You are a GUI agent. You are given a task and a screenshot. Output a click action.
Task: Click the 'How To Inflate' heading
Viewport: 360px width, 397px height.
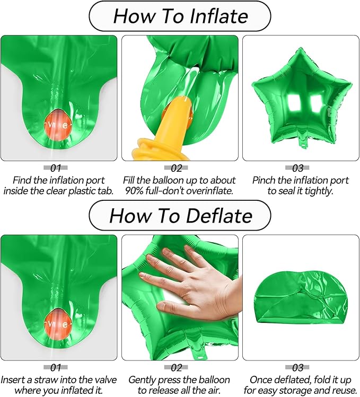tap(180, 16)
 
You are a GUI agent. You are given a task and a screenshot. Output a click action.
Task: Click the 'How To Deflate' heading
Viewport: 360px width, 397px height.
tap(180, 216)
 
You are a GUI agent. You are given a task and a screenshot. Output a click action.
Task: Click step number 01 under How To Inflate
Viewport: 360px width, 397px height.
tap(56, 168)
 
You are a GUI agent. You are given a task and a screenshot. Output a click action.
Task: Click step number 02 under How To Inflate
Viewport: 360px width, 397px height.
tap(177, 168)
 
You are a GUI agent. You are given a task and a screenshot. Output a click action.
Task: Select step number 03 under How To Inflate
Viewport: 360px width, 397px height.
tap(297, 168)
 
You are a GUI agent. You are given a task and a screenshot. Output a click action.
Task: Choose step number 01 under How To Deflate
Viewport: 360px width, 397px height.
tap(56, 367)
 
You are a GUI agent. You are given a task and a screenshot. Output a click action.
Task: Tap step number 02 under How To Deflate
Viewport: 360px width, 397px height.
tap(177, 367)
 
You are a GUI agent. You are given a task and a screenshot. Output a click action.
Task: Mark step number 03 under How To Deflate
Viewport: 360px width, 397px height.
tap(297, 367)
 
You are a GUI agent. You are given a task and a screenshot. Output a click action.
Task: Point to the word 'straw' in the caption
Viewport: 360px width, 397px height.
tap(46, 380)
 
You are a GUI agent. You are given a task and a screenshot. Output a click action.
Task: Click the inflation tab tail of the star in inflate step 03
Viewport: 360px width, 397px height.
tap(302, 142)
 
